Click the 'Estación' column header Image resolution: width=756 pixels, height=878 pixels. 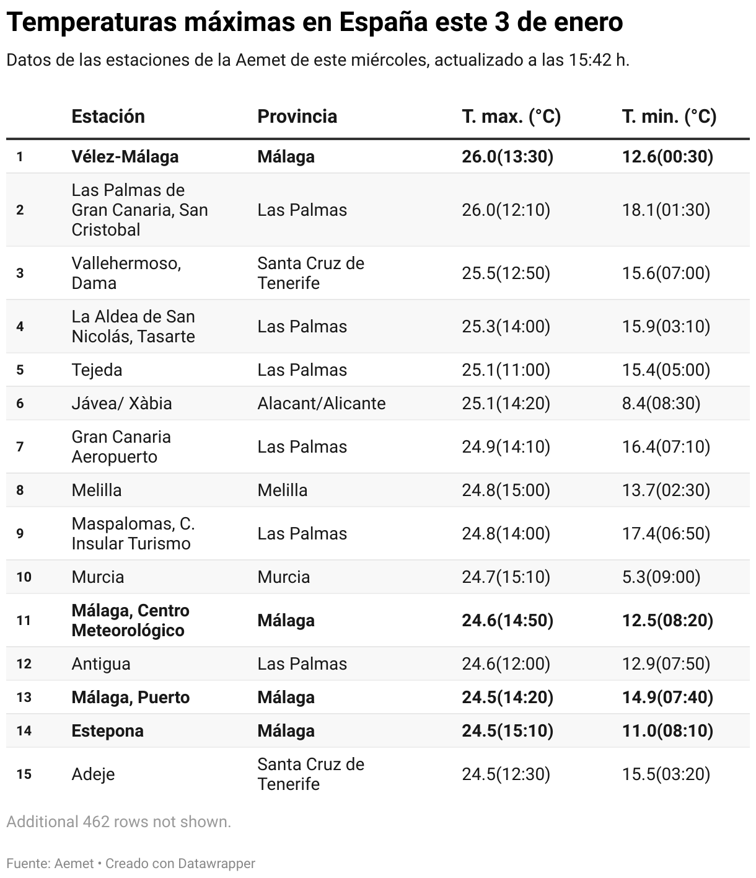pyautogui.click(x=108, y=117)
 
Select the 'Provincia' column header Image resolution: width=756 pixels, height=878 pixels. pyautogui.click(x=297, y=117)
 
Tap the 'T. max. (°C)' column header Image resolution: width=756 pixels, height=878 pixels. pyautogui.click(x=511, y=117)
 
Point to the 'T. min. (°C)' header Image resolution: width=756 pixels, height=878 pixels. pyautogui.click(x=669, y=117)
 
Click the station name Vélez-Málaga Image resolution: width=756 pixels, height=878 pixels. pyautogui.click(x=125, y=157)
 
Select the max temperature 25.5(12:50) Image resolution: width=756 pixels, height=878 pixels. pyautogui.click(x=506, y=273)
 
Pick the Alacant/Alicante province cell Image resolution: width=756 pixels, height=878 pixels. pyautogui.click(x=321, y=404)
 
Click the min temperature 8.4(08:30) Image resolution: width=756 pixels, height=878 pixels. pyautogui.click(x=661, y=404)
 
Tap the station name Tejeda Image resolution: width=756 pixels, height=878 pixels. pyautogui.click(x=97, y=370)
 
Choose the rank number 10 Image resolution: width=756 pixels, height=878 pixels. pyautogui.click(x=24, y=577)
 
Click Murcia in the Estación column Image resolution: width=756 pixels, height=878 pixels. pyautogui.click(x=97, y=577)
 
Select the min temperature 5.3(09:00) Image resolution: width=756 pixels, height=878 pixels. pyautogui.click(x=661, y=577)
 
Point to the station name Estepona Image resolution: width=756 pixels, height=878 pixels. pyautogui.click(x=107, y=731)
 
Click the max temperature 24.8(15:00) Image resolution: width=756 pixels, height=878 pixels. pyautogui.click(x=506, y=490)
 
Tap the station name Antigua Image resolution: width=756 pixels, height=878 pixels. pyautogui.click(x=101, y=664)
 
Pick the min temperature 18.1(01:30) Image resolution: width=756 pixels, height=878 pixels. pyautogui.click(x=666, y=210)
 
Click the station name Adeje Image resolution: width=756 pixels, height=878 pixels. pyautogui.click(x=93, y=774)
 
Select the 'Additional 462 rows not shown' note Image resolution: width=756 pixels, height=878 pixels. pyautogui.click(x=118, y=822)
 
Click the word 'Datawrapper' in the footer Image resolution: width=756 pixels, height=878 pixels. pyautogui.click(x=216, y=863)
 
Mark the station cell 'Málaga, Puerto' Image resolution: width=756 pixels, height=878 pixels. pyautogui.click(x=130, y=698)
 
